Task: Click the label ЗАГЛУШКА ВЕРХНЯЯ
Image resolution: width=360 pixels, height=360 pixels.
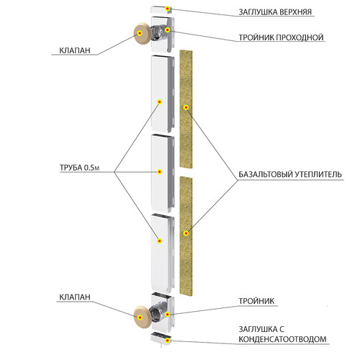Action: [x=275, y=12]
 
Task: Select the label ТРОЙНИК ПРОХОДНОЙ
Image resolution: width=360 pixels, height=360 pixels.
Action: [x=281, y=37]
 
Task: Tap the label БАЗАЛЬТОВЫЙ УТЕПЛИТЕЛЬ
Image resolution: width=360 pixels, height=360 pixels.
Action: [x=290, y=174]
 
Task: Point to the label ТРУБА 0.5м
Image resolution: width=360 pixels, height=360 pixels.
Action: [x=79, y=168]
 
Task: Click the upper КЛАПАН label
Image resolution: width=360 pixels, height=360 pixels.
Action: [x=75, y=50]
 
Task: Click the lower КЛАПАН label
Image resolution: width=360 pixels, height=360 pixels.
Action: [x=75, y=297]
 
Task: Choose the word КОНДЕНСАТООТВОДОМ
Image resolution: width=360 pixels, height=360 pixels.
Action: [x=282, y=339]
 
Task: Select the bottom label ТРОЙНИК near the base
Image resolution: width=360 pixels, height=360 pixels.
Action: [x=256, y=301]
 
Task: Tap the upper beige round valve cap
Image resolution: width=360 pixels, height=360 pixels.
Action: [x=142, y=33]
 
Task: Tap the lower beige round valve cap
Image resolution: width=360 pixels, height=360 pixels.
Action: [x=142, y=318]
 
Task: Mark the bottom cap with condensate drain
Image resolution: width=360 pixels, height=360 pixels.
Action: [x=161, y=338]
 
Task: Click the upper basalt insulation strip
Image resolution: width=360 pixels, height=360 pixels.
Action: [x=186, y=109]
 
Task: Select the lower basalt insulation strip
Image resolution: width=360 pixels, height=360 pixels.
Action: [x=186, y=235]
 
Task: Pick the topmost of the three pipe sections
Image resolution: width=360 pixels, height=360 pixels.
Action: [x=163, y=94]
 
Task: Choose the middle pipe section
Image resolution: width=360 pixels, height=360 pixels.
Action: [x=163, y=174]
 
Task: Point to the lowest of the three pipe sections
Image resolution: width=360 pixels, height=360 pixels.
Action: [x=163, y=253]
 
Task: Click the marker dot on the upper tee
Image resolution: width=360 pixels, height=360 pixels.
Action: [x=168, y=30]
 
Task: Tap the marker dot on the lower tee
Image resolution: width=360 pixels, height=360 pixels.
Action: [x=168, y=315]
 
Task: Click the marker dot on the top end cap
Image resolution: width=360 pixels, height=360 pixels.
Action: [x=168, y=9]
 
